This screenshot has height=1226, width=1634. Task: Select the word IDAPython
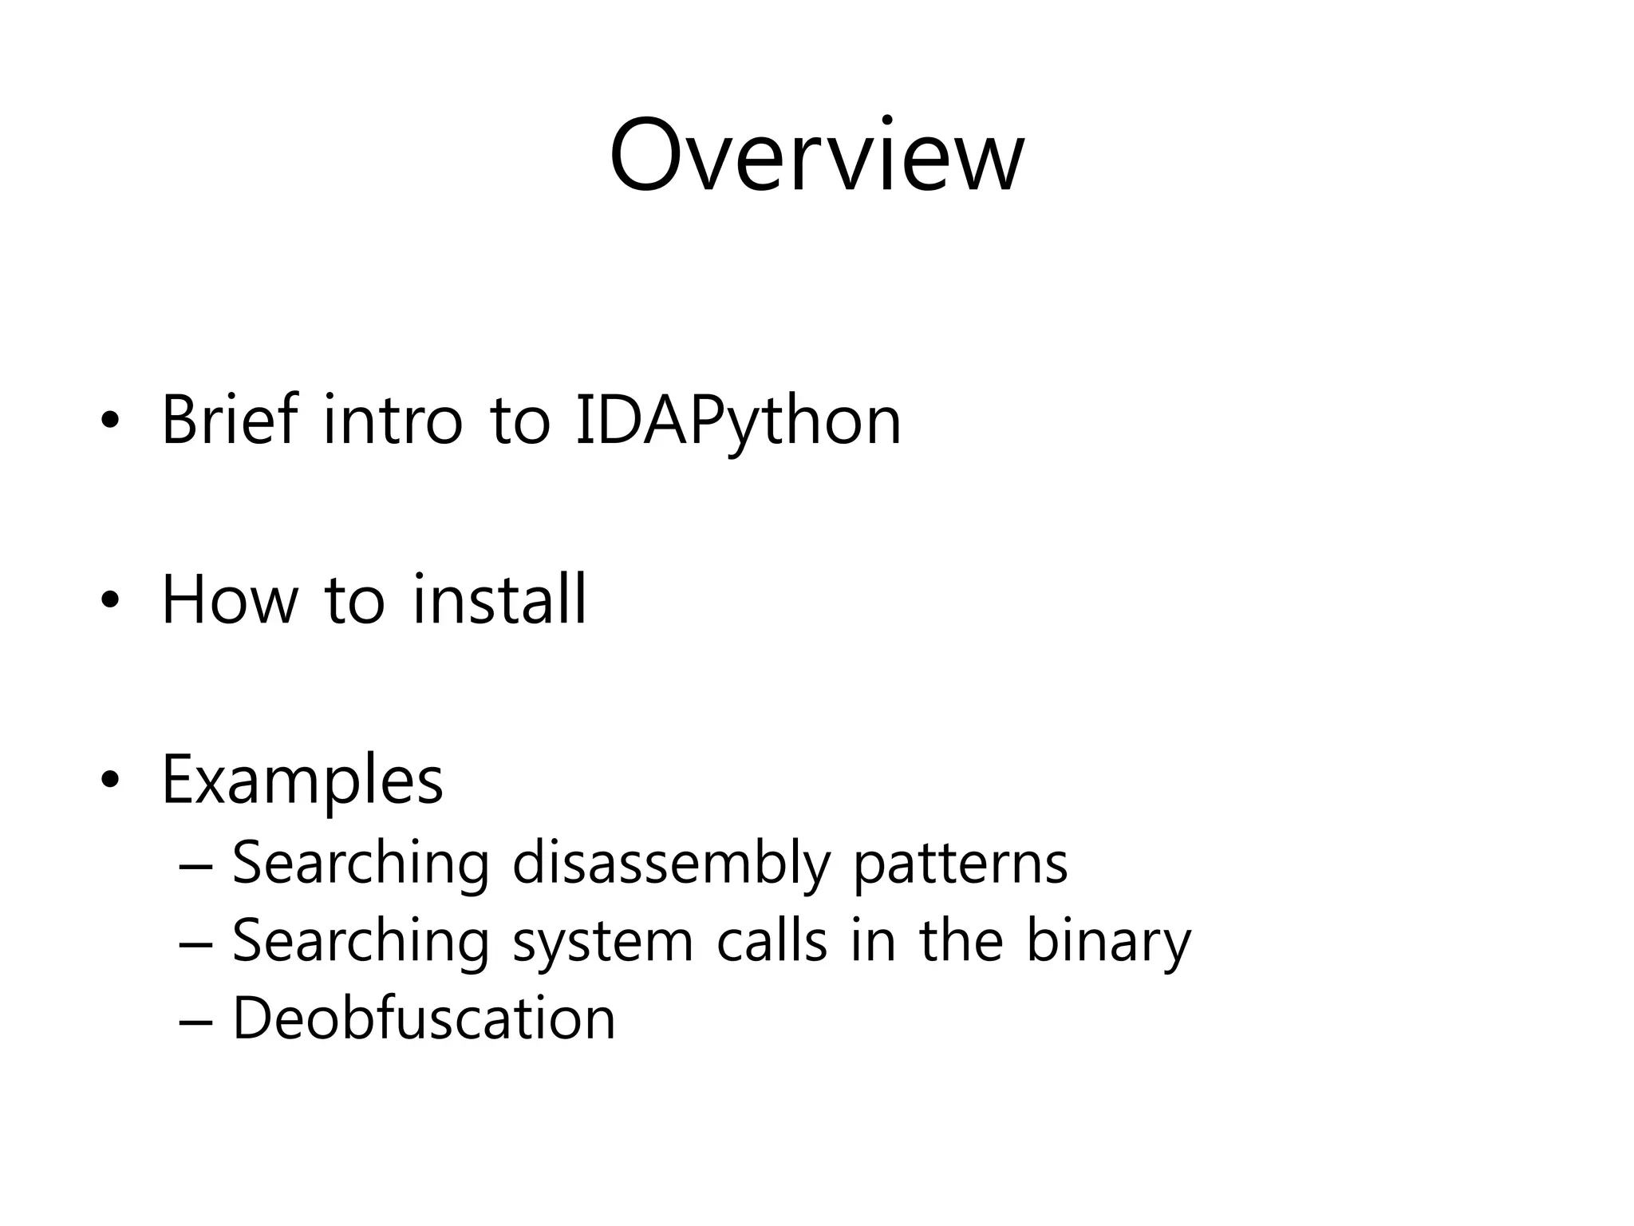coord(738,421)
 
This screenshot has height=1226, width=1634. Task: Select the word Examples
coord(302,780)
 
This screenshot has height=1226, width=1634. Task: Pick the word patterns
coord(960,864)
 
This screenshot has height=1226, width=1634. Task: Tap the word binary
coord(1107,942)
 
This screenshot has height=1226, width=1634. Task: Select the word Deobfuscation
coord(424,1018)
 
